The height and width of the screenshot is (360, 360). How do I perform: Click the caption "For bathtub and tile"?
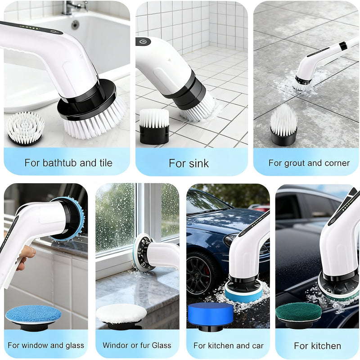point(68,162)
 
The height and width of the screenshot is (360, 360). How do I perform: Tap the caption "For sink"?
point(189,163)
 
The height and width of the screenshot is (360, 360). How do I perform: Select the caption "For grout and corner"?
point(309,163)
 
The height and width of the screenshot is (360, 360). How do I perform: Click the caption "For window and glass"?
point(46,346)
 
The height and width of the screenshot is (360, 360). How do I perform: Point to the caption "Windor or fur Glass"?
point(137,346)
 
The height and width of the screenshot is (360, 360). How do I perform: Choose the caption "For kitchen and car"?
point(229,346)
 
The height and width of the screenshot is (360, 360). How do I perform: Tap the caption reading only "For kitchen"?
point(317,346)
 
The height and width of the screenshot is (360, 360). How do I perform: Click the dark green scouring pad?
point(298,311)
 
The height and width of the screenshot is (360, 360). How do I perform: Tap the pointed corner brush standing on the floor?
point(283,121)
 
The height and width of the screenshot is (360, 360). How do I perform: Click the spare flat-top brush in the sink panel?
point(154,119)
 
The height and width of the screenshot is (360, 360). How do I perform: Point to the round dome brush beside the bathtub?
point(26,126)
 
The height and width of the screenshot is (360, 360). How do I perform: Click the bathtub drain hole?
point(75,25)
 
